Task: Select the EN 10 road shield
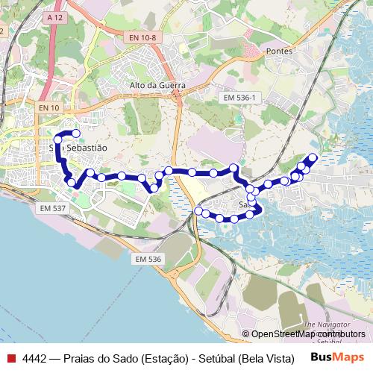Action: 48,108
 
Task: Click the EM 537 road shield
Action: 54,208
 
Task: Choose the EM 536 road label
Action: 148,259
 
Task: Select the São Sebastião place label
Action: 79,148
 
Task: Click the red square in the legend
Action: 10,357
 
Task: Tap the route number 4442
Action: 35,357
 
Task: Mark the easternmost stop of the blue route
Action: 313,157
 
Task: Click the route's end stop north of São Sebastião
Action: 75,134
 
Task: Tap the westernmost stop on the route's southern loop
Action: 198,212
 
